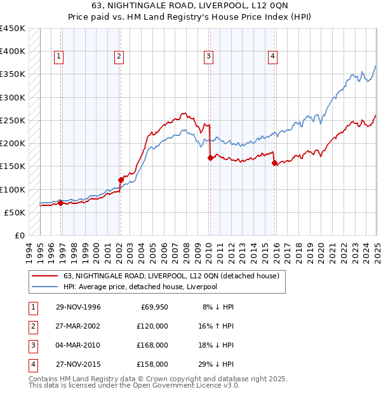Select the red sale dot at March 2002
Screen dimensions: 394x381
pyautogui.click(x=120, y=180)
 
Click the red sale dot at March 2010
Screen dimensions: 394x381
pyautogui.click(x=210, y=158)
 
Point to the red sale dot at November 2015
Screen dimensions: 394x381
pyautogui.click(x=275, y=163)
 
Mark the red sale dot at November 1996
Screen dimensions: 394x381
pyautogui.click(x=61, y=203)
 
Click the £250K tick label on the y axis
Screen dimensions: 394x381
pyautogui.click(x=13, y=120)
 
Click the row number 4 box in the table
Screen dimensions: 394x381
pyautogui.click(x=31, y=364)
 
